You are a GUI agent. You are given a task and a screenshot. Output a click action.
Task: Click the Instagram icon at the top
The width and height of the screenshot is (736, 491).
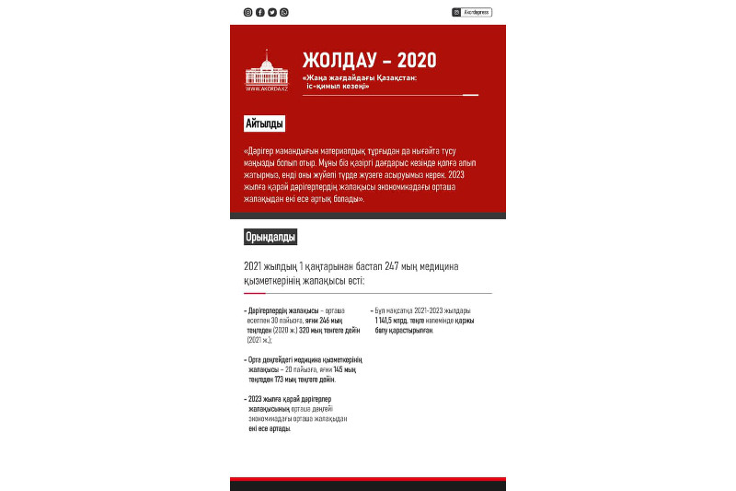coord(247,12)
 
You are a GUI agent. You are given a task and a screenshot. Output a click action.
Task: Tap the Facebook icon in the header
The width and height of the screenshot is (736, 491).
coord(259,12)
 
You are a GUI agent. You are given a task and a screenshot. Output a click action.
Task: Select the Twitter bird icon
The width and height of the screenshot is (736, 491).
coord(271,12)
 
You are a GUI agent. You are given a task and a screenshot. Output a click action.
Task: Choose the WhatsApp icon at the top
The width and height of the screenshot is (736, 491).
coord(283,12)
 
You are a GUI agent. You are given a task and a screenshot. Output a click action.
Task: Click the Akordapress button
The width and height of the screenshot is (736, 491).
coord(472,12)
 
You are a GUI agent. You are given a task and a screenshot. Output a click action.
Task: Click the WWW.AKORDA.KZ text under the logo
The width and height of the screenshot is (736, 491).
coord(267,88)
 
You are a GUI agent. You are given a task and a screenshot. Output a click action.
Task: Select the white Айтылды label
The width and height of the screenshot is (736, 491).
coord(264,123)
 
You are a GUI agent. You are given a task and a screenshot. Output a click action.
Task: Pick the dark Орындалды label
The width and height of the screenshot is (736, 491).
coord(270,237)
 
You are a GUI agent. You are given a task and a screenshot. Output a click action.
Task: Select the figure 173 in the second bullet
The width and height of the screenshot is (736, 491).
coord(281,379)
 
